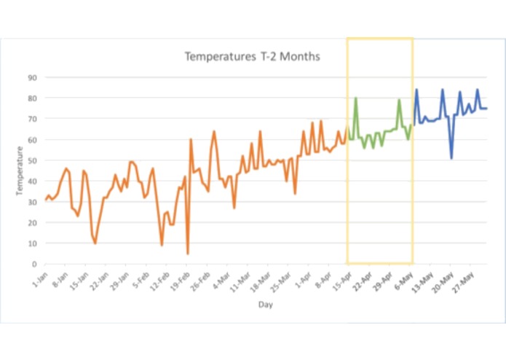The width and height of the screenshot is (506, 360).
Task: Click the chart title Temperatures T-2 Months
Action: pos(251,56)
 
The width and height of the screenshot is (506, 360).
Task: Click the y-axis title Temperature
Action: pos(20,171)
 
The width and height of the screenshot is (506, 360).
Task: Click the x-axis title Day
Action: pos(266,305)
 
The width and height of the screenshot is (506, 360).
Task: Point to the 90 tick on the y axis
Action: pos(33,77)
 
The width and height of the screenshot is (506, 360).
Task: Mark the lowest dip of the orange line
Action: pos(188,254)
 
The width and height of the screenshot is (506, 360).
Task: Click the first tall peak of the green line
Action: pos(355,98)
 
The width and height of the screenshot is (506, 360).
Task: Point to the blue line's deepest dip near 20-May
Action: pos(451,158)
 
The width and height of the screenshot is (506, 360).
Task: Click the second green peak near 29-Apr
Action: pos(399,100)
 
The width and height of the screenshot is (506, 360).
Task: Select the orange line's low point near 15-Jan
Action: pos(95,243)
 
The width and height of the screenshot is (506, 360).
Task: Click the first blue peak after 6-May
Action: pos(416,90)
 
